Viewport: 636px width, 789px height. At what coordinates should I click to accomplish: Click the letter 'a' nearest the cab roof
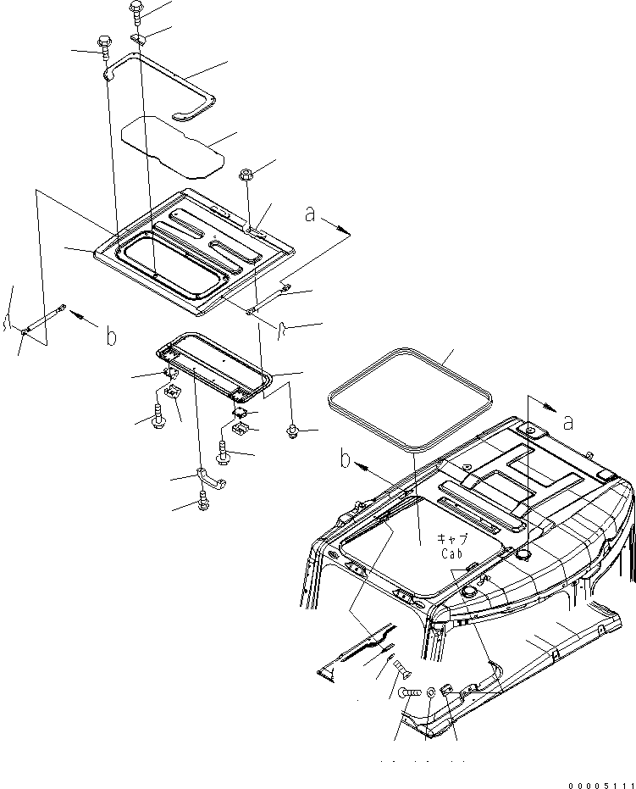tap(567, 421)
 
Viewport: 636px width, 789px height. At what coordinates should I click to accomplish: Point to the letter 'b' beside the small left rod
tap(110, 336)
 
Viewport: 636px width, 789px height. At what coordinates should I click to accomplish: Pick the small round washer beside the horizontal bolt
tap(432, 694)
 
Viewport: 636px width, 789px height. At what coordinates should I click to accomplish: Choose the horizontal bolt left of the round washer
tap(410, 694)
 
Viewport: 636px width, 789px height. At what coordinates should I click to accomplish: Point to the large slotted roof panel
tap(195, 246)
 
